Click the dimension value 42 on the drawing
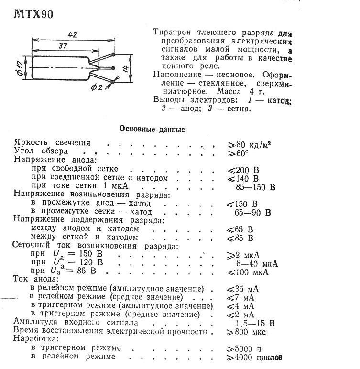(72, 35)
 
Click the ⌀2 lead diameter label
(98, 87)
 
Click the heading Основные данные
(151, 129)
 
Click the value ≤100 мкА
(247, 272)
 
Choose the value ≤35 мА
(243, 289)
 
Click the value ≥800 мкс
(246, 331)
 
